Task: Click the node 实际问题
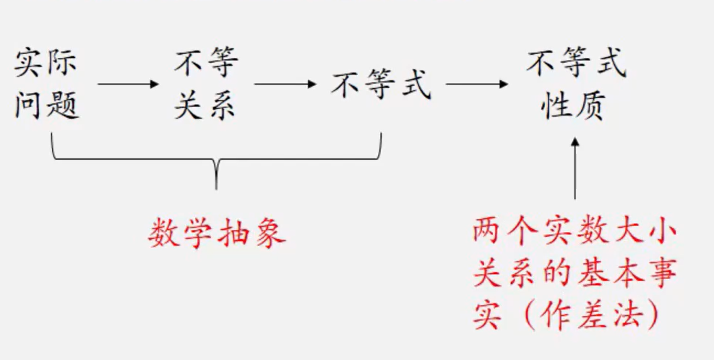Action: click(x=47, y=85)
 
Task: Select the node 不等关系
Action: click(x=205, y=85)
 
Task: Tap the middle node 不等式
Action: click(x=382, y=85)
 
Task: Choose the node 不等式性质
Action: click(x=575, y=85)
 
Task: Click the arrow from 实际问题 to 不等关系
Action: click(x=128, y=84)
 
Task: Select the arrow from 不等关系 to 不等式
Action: click(x=285, y=84)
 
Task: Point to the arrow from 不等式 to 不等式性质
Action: click(x=477, y=84)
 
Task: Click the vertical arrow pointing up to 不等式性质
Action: click(x=575, y=169)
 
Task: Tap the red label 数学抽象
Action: click(x=218, y=233)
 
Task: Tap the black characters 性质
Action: click(x=575, y=106)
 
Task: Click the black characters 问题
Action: click(x=47, y=106)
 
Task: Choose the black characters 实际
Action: click(x=47, y=65)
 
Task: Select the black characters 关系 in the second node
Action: click(x=205, y=106)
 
